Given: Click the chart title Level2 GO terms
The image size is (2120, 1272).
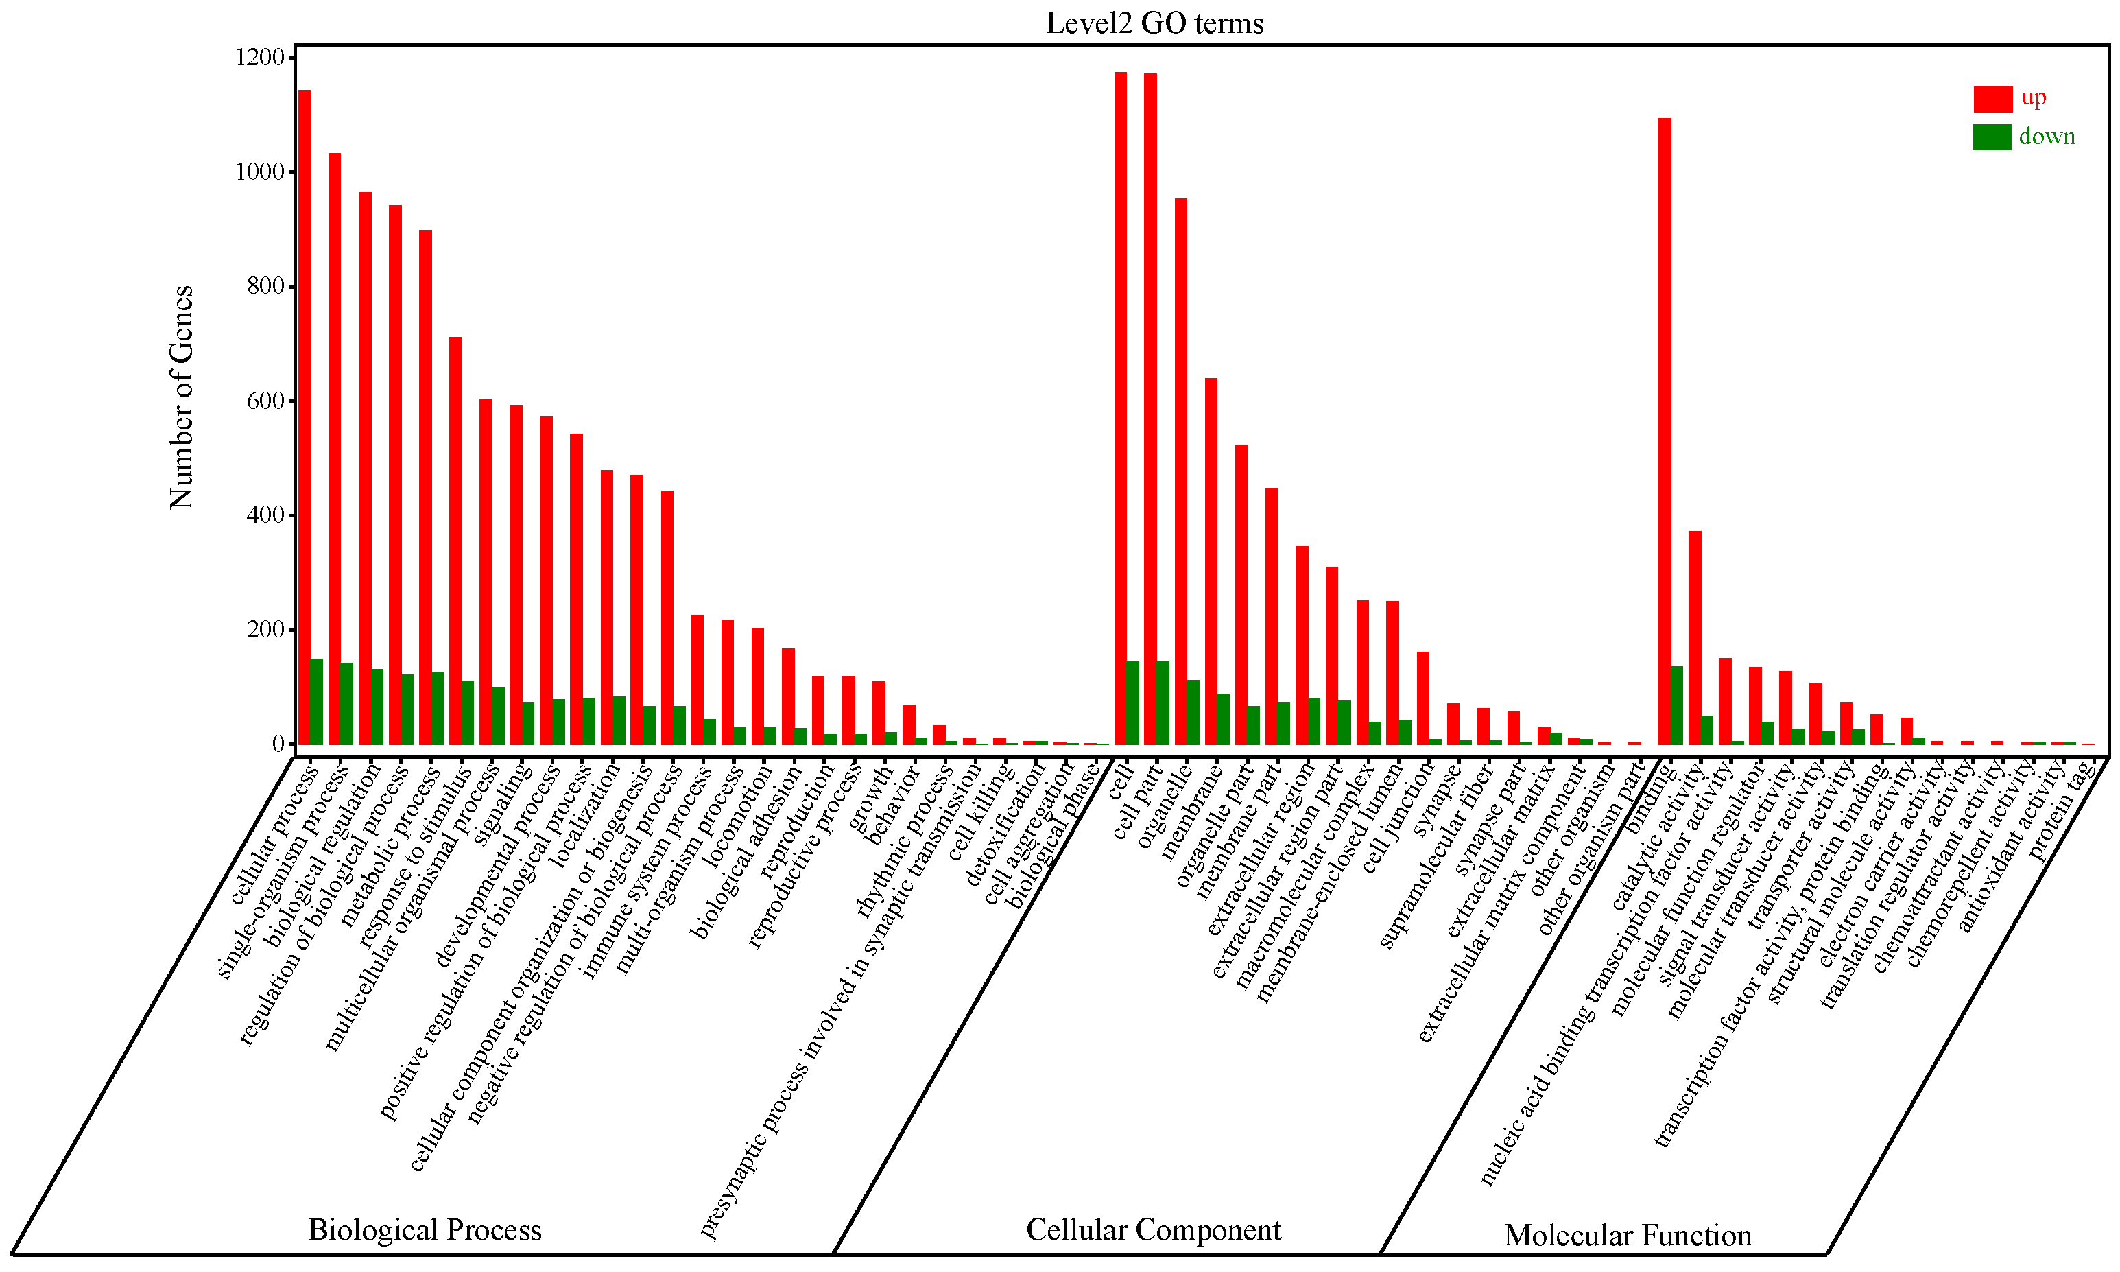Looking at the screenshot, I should pos(1154,23).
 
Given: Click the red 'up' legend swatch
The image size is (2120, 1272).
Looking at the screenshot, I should pos(1992,99).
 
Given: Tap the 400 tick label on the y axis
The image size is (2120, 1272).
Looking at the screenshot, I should pos(265,515).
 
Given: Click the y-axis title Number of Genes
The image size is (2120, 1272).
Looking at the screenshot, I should pos(182,397).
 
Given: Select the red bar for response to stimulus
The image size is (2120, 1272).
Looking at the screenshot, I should pos(455,540).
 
